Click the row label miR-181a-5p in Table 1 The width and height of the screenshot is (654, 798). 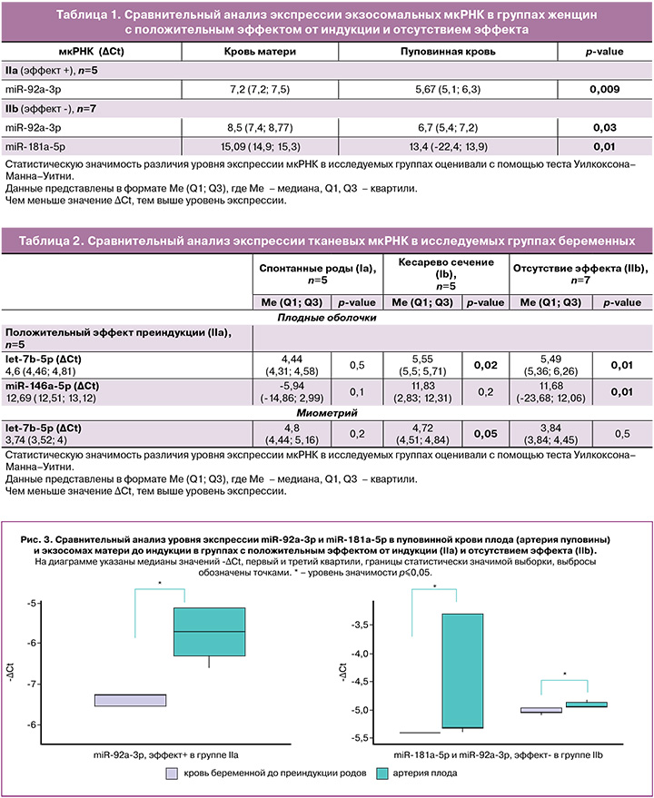coord(35,145)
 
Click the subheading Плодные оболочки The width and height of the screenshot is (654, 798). coord(326,318)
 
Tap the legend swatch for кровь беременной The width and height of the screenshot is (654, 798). coord(172,773)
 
